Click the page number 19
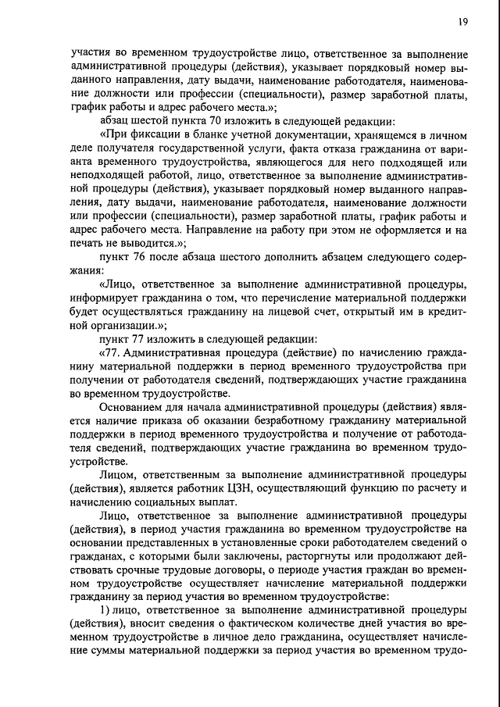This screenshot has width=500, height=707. pos(463,23)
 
